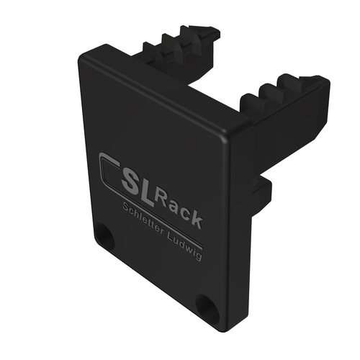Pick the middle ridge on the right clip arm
coord(268,91)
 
